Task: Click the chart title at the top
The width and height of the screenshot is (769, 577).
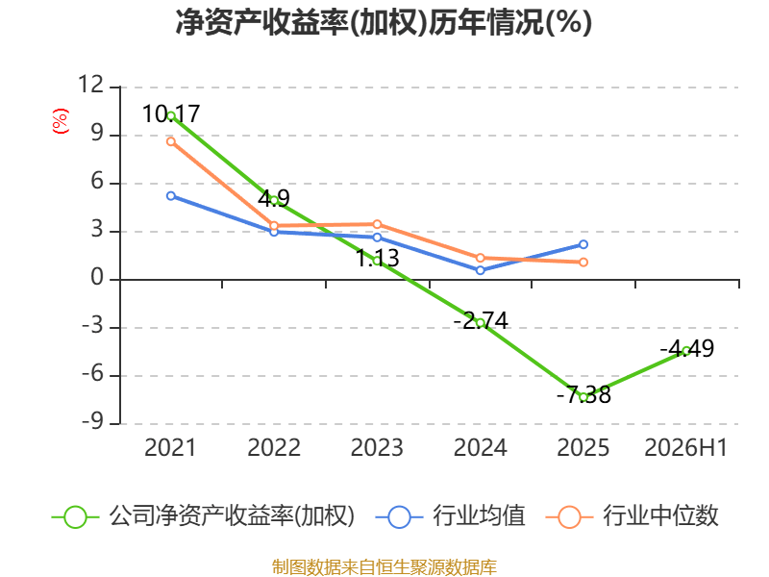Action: [384, 22]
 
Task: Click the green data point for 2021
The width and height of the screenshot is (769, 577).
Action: [171, 116]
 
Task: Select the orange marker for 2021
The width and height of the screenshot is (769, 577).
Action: [171, 141]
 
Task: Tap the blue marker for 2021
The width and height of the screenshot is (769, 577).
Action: [171, 196]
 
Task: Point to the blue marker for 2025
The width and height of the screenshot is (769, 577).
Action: [583, 244]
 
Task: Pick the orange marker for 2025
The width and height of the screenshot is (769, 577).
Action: [583, 263]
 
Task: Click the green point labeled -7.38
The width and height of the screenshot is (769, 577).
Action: [583, 397]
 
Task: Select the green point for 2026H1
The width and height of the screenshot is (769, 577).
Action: [686, 351]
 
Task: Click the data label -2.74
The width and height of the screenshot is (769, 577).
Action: [481, 321]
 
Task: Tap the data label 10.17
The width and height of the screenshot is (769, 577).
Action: [171, 113]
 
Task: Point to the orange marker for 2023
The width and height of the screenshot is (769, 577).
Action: [377, 224]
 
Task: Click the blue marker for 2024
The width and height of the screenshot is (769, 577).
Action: [480, 270]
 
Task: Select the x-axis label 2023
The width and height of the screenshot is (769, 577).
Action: [377, 447]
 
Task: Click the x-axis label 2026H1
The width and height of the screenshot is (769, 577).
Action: [685, 447]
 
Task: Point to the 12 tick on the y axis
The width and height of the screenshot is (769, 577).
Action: [90, 85]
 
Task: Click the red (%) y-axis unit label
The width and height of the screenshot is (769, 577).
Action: [61, 121]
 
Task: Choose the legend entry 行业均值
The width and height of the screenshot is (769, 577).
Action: [450, 516]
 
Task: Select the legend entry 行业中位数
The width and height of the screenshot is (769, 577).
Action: [633, 516]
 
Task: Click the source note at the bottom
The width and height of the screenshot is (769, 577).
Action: [384, 566]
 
